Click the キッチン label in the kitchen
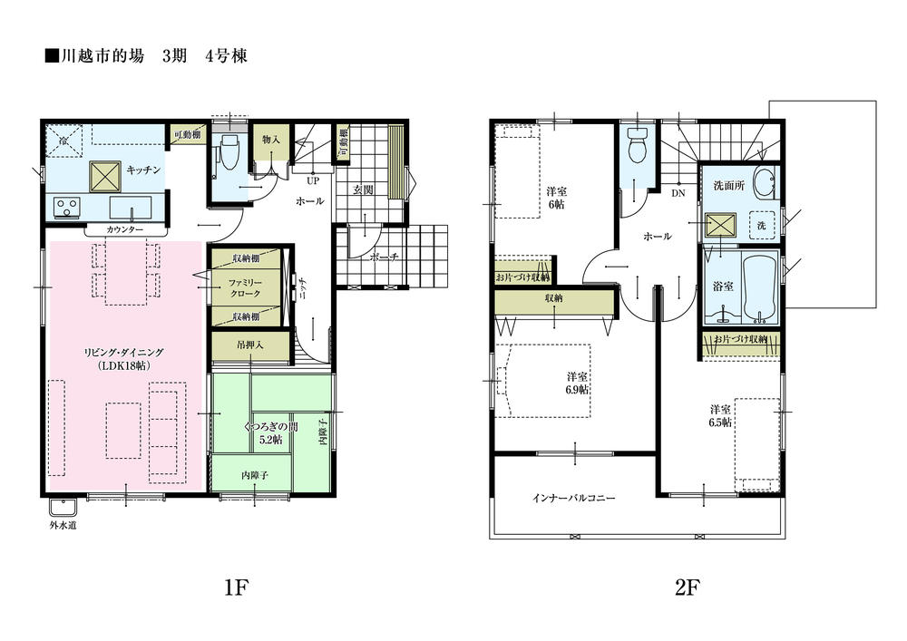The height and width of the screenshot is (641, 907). pyautogui.click(x=143, y=170)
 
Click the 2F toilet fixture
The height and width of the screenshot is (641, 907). pyautogui.click(x=637, y=147)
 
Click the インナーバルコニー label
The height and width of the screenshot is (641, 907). pyautogui.click(x=574, y=499)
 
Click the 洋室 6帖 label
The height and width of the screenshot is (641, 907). pyautogui.click(x=557, y=199)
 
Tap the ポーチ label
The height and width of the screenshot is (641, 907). pyautogui.click(x=385, y=257)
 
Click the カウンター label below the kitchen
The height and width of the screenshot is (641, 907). pyautogui.click(x=124, y=230)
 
